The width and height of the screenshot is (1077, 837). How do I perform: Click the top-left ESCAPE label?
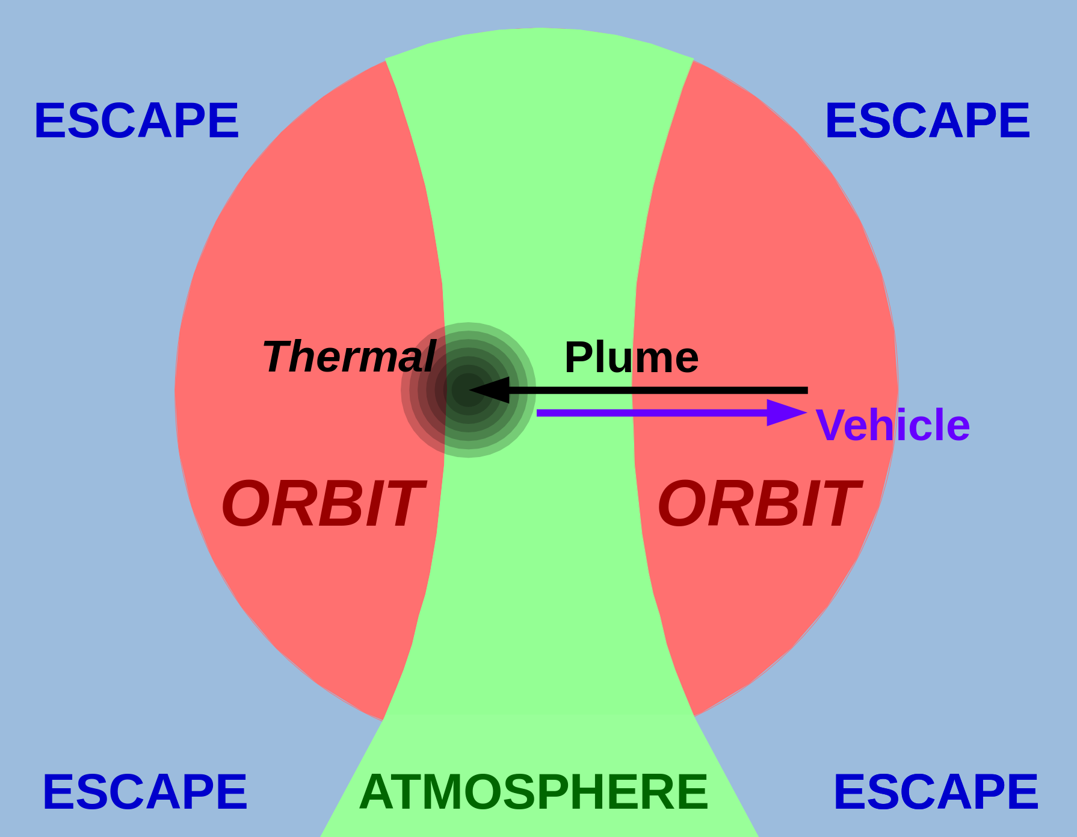[137, 120]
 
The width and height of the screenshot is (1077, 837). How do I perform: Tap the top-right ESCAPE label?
[927, 120]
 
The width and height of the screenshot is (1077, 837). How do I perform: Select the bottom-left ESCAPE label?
[144, 792]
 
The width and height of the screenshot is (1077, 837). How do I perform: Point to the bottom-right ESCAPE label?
[936, 792]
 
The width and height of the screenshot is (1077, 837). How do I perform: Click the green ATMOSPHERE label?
[534, 792]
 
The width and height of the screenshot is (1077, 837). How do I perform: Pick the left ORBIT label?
[322, 504]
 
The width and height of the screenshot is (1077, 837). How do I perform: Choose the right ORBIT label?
[759, 504]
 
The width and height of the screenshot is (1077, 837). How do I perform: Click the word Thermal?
[349, 356]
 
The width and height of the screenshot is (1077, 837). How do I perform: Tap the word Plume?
[631, 357]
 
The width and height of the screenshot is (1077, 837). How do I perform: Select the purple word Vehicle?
[893, 425]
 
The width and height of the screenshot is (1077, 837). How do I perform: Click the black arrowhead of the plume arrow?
[489, 390]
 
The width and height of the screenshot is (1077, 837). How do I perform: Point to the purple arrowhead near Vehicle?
[787, 412]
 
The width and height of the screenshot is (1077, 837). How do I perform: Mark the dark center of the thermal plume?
[468, 390]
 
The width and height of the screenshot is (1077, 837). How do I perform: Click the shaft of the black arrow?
[658, 391]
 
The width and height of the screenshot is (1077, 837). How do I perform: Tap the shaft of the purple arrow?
[652, 412]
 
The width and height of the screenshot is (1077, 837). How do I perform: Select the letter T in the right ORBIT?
[839, 504]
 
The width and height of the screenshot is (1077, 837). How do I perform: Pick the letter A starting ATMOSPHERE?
[377, 792]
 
